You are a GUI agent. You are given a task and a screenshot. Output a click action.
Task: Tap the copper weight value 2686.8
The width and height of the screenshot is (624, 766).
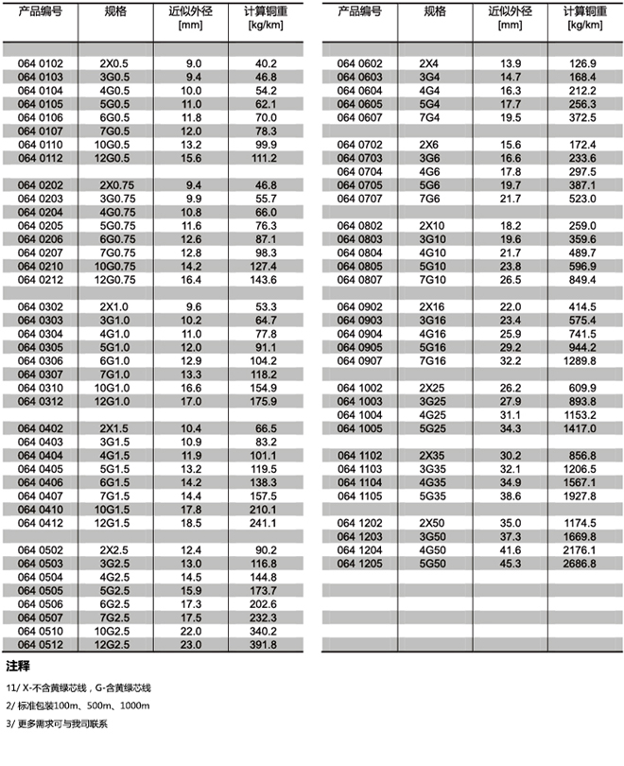click(580, 564)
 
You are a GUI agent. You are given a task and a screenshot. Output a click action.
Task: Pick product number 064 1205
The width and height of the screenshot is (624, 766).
click(359, 564)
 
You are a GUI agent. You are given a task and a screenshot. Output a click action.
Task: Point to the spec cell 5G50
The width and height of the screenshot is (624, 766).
click(433, 564)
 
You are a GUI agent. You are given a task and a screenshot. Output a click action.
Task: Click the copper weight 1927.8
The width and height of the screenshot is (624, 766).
click(580, 496)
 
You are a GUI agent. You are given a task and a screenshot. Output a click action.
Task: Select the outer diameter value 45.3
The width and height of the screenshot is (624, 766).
click(511, 564)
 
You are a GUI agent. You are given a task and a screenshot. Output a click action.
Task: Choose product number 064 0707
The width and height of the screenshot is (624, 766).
click(359, 200)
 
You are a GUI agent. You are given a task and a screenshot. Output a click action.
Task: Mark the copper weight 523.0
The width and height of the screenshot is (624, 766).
click(580, 200)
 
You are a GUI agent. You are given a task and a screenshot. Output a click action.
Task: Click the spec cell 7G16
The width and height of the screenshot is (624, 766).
click(433, 360)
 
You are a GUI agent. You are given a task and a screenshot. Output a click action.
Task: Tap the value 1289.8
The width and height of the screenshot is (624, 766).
click(580, 360)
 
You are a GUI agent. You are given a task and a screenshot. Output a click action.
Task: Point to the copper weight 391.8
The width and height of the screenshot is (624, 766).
click(261, 645)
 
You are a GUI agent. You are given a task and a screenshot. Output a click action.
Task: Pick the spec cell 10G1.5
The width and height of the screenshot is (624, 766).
click(114, 509)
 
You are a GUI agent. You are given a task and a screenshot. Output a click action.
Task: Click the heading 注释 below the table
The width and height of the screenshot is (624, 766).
click(18, 666)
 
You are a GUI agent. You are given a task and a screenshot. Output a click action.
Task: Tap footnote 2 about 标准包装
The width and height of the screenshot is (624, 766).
click(78, 706)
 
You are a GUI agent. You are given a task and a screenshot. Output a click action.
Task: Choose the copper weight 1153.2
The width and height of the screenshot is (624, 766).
click(580, 414)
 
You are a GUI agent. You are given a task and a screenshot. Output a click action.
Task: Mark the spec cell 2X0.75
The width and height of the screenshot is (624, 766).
click(114, 185)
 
